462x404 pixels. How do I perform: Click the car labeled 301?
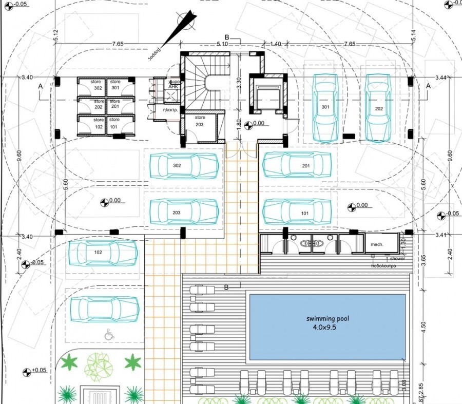[325, 108]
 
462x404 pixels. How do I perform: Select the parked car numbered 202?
[379, 108]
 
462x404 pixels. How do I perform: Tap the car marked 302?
[184, 166]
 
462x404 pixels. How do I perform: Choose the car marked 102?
[103, 253]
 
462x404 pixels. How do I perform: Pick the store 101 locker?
[114, 124]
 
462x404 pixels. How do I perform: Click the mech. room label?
[377, 245]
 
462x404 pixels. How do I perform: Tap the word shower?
[397, 259]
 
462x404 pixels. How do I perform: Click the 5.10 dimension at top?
[223, 44]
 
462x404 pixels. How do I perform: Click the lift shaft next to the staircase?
[266, 95]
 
